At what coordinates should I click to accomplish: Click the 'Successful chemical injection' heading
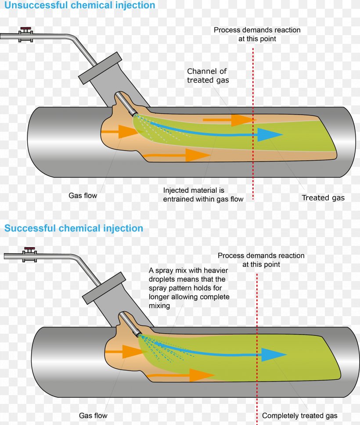[x=74, y=229]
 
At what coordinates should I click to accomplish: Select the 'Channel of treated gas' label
[x=208, y=76]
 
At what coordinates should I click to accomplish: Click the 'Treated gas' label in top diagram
[x=323, y=198]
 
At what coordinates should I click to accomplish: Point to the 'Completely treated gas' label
[x=299, y=415]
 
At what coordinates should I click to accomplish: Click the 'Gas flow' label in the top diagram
[x=83, y=195]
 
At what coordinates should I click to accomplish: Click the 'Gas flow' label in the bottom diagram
[x=93, y=415]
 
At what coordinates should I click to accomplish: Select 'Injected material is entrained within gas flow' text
[x=203, y=194]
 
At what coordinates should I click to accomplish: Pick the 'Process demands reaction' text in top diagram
[x=257, y=34]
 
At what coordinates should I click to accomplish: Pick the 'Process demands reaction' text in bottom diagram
[x=261, y=260]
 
